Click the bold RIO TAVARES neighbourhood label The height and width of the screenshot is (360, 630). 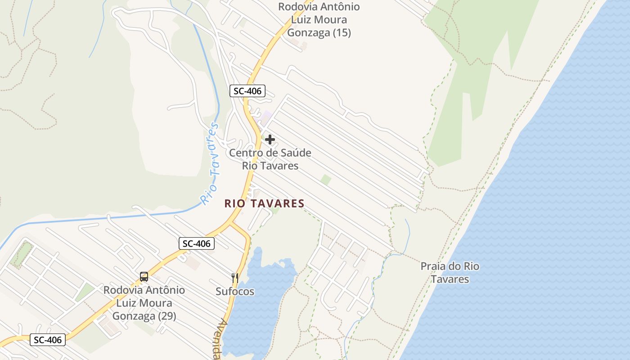(x=265, y=204)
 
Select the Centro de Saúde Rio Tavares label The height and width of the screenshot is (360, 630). (x=270, y=159)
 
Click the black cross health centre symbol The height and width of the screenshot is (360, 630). (x=270, y=139)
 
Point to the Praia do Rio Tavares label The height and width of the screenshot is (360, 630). (x=450, y=273)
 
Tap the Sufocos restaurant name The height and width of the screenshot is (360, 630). (x=235, y=292)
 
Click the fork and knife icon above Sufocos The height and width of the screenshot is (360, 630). (x=234, y=278)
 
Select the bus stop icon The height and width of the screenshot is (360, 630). (x=144, y=277)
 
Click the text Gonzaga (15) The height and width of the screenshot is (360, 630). (x=319, y=33)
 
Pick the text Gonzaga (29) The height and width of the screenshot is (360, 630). (x=144, y=316)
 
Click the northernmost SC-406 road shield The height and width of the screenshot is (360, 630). (x=247, y=91)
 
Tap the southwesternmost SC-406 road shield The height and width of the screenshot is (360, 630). (x=48, y=340)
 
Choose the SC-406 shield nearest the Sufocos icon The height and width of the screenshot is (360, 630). (x=197, y=243)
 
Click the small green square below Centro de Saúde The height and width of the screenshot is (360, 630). (x=326, y=180)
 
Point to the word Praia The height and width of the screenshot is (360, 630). (x=434, y=266)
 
